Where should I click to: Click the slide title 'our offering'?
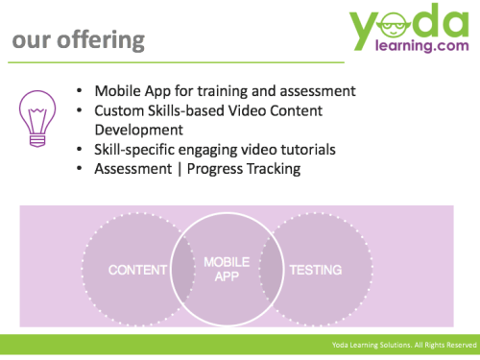(78, 40)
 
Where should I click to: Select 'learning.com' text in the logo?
(415, 53)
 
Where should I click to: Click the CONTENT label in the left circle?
(137, 270)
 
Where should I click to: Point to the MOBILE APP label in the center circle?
(227, 269)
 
